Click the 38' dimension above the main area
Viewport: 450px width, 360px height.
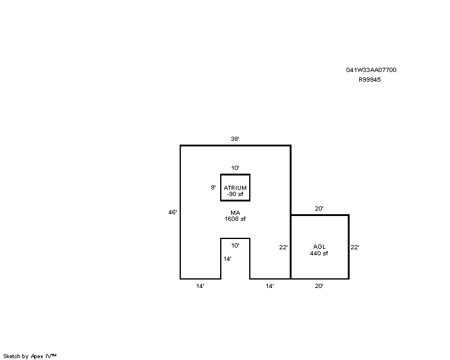[x=235, y=139]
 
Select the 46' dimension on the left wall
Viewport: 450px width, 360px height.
[x=172, y=212]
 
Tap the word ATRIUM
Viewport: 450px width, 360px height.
[x=235, y=188]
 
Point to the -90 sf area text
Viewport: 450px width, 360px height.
[x=235, y=194]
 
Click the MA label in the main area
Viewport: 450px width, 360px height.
[x=235, y=213]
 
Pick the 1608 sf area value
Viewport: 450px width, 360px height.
[x=235, y=219]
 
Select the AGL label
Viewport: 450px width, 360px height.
[x=319, y=247]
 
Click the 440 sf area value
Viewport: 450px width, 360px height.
[x=319, y=253]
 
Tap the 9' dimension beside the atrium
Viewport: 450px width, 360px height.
[x=213, y=187]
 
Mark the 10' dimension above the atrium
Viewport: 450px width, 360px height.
[x=235, y=168]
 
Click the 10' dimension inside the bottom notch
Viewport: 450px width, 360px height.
[x=235, y=246]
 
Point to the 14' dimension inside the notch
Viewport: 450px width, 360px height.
[x=227, y=259]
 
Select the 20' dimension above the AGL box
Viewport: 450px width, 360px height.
[x=319, y=209]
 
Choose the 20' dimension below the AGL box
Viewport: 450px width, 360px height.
[x=319, y=286]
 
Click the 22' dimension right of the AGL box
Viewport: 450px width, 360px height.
[x=354, y=247]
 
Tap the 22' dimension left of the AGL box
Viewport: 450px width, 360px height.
[x=283, y=247]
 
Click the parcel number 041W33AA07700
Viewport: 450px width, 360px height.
[x=371, y=70]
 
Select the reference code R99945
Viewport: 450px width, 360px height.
[x=370, y=80]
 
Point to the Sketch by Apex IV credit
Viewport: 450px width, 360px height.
[x=30, y=356]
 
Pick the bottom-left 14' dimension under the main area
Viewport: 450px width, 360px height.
[x=200, y=286]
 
